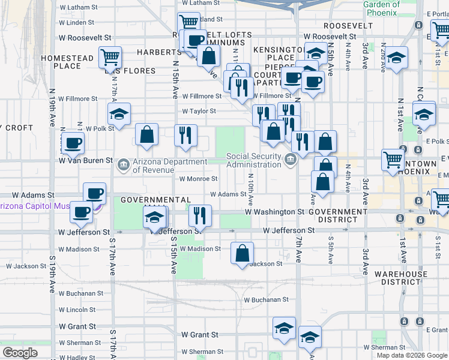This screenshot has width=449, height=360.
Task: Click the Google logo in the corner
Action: click(20, 353)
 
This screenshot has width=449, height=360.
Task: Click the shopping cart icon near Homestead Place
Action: click(110, 58)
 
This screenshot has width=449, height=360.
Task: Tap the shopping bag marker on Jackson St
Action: click(242, 253)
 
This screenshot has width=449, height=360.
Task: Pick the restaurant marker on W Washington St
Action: click(200, 216)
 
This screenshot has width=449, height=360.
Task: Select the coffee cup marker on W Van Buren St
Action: click(73, 143)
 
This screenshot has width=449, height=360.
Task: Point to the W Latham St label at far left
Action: click(78, 8)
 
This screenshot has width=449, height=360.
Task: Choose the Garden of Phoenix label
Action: click(381, 8)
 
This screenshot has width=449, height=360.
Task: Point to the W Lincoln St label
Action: click(77, 310)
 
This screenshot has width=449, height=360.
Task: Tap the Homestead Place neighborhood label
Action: click(67, 62)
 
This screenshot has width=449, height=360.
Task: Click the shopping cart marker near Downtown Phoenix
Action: click(393, 160)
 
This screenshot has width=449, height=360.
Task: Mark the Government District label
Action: click(338, 216)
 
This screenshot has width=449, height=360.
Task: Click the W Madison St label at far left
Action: click(79, 249)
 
